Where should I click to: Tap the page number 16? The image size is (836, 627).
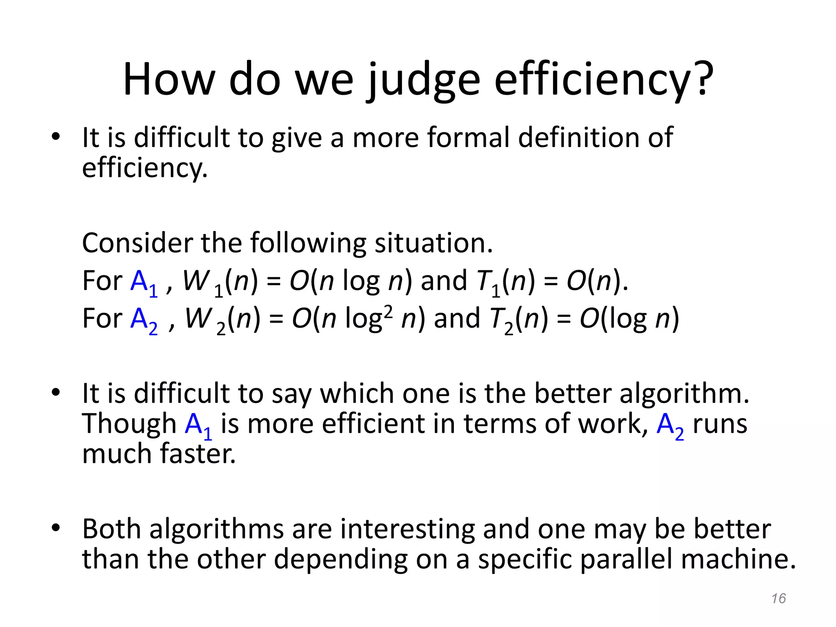778,598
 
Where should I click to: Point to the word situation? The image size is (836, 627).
434,243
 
